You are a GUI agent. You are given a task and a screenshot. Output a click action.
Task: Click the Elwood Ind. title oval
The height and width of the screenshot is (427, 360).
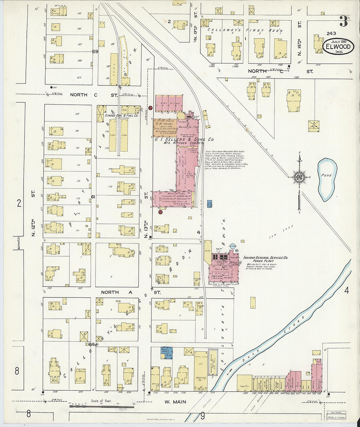click(x=338, y=46)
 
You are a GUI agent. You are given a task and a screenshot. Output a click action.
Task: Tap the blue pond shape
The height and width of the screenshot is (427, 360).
click(x=326, y=179)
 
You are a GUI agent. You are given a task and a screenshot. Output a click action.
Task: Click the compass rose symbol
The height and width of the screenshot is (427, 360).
click(x=299, y=178)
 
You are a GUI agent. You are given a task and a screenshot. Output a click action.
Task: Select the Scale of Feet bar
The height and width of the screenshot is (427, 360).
click(x=101, y=406)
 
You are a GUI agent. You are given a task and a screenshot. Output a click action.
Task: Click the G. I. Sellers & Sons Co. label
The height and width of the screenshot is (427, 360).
click(x=184, y=139)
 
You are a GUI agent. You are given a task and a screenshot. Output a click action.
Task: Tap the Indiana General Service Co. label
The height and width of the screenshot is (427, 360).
click(x=265, y=258)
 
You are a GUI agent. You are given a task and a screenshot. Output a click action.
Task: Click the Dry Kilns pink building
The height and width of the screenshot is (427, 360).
click(x=169, y=104)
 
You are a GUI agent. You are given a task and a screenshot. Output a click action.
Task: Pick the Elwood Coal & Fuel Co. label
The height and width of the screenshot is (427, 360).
click(x=121, y=116)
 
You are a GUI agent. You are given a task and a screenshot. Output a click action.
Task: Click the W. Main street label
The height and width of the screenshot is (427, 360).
click(x=175, y=402)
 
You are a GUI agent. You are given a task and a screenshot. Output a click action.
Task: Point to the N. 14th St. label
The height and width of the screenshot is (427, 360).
click(x=299, y=43)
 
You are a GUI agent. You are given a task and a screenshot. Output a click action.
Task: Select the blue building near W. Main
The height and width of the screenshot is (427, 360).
click(x=167, y=353)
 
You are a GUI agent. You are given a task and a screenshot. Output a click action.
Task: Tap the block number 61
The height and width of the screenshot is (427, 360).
click(x=93, y=197)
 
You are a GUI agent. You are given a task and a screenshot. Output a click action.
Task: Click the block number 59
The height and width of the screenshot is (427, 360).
click(x=95, y=52)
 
